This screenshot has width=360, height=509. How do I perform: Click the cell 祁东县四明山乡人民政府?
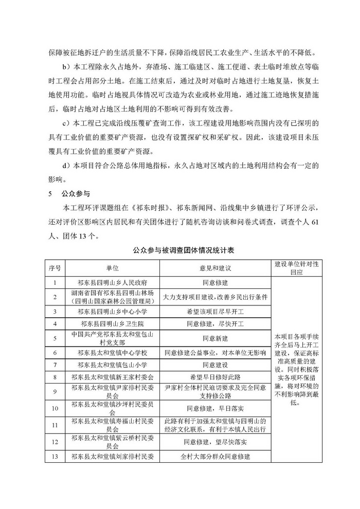[113, 282]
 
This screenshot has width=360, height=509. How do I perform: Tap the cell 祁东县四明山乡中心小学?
[113, 311]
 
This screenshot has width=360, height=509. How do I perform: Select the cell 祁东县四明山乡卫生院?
[113, 324]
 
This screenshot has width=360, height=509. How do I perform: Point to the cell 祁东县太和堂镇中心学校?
[113, 353]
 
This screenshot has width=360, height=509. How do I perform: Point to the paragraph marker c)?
[65, 123]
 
